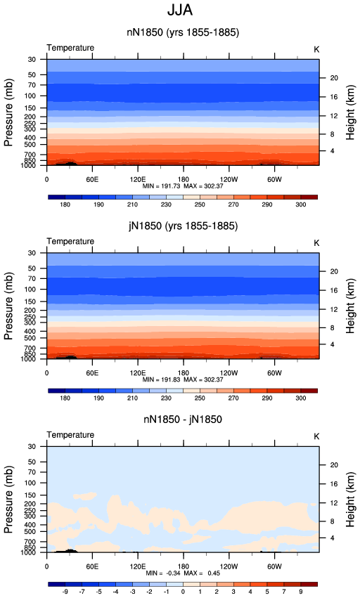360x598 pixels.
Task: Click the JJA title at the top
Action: (x=180, y=11)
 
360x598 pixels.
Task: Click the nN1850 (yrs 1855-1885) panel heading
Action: (x=183, y=32)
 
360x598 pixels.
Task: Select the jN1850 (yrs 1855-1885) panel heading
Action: (x=184, y=226)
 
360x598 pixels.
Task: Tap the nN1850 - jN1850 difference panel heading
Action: (x=183, y=420)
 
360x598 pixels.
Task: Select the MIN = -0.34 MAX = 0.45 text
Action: (x=183, y=573)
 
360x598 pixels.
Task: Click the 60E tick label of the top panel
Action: (x=92, y=179)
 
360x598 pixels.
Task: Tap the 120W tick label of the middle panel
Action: (x=229, y=372)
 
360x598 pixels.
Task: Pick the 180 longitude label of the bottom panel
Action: (x=184, y=566)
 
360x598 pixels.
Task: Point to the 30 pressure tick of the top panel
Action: (x=32, y=60)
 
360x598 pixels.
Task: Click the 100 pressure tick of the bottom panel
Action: (x=30, y=483)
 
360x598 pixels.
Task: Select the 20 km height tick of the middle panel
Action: (x=334, y=271)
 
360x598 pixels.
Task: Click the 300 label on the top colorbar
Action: (x=301, y=204)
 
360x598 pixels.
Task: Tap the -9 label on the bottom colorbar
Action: (x=65, y=592)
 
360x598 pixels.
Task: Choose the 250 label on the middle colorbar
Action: (x=200, y=398)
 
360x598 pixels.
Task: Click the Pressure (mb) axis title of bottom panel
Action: (x=8, y=499)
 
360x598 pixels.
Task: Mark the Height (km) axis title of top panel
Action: (x=350, y=112)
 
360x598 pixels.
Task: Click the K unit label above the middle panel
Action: (x=316, y=243)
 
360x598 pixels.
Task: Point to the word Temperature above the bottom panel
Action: (x=70, y=435)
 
